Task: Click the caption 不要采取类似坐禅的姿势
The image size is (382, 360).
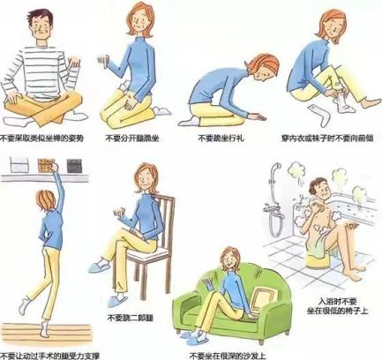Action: [45, 139]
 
